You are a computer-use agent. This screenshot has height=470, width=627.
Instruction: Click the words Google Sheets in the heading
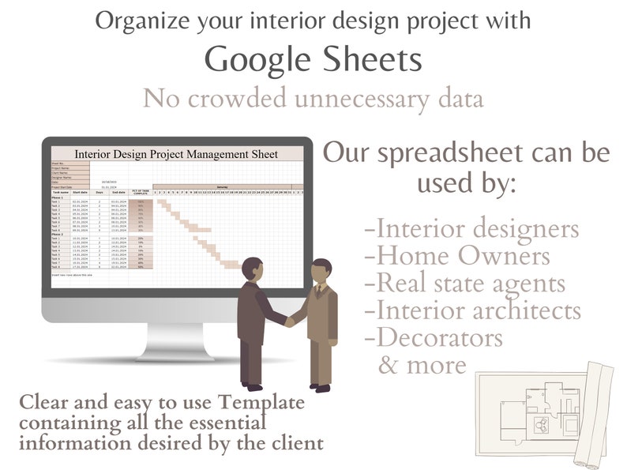pyautogui.click(x=313, y=60)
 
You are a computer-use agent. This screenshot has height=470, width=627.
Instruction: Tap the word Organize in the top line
pyautogui.click(x=143, y=21)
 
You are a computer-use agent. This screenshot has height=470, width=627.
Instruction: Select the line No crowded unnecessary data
pyautogui.click(x=313, y=99)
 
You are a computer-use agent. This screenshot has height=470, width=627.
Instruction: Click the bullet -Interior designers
pyautogui.click(x=472, y=229)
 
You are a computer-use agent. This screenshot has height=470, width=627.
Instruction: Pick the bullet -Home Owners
pyautogui.click(x=457, y=256)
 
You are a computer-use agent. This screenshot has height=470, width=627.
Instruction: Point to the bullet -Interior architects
pyautogui.click(x=473, y=310)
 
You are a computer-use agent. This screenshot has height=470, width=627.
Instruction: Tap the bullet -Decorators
pyautogui.click(x=434, y=337)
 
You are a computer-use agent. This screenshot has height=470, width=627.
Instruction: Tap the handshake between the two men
pyautogui.click(x=288, y=320)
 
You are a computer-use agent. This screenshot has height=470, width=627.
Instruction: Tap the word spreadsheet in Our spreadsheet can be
pyautogui.click(x=454, y=152)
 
